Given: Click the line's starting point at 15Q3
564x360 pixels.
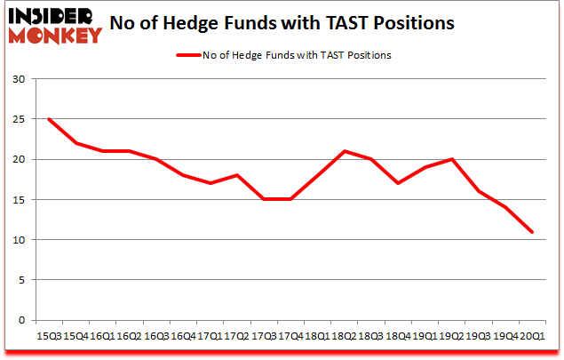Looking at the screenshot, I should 48,119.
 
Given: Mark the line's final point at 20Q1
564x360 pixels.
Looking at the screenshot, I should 533,232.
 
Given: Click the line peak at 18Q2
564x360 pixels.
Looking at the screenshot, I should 345,151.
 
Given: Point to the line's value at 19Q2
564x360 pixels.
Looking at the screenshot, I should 452,159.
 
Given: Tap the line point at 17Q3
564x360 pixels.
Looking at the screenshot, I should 264,199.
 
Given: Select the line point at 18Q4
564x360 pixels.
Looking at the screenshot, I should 398,183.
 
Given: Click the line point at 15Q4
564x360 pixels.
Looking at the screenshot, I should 75,143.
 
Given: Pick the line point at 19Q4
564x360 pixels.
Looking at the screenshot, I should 506,207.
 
